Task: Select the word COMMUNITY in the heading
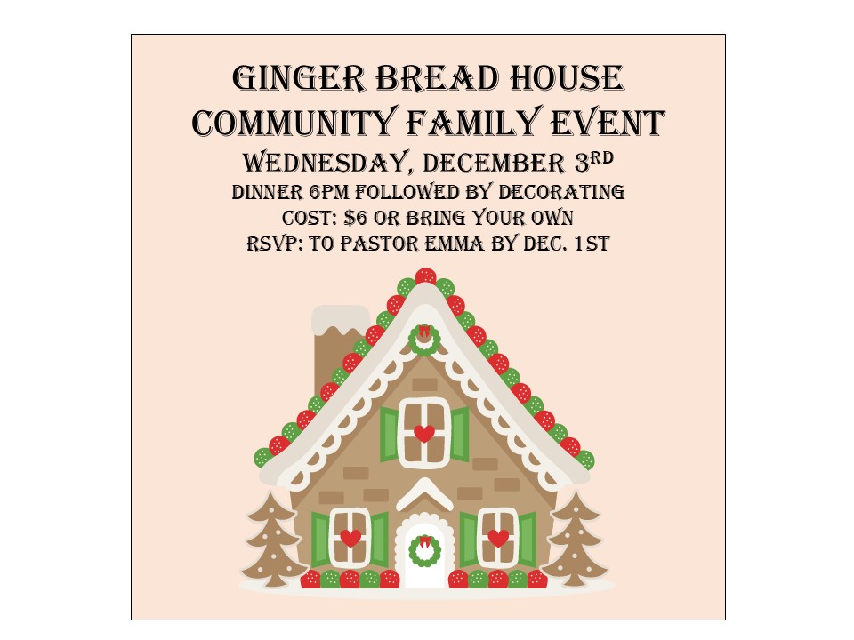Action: (x=293, y=123)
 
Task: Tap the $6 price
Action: (x=356, y=218)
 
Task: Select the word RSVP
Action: (x=275, y=244)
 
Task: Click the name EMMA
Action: (x=455, y=244)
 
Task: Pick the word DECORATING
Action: (x=561, y=192)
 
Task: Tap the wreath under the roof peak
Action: (x=424, y=340)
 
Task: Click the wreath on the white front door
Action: (x=425, y=551)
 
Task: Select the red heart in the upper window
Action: (x=424, y=434)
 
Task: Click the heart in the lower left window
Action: (x=350, y=538)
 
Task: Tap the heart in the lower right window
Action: (x=498, y=538)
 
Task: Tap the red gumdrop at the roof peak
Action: (x=425, y=276)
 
